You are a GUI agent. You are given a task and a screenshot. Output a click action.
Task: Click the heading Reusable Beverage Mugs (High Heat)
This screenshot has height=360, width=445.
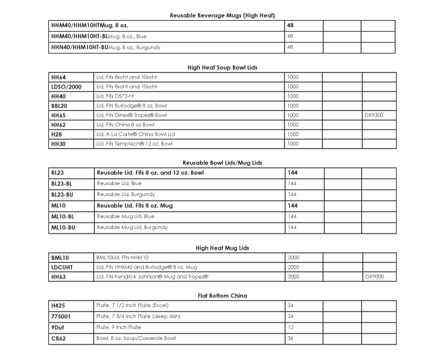[x=222, y=15]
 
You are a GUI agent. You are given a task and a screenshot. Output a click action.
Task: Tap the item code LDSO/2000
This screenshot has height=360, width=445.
[x=66, y=86]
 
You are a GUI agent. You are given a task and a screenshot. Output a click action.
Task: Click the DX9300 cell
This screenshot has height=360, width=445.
[x=374, y=115]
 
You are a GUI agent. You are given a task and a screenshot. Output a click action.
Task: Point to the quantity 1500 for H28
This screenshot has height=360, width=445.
[x=293, y=134]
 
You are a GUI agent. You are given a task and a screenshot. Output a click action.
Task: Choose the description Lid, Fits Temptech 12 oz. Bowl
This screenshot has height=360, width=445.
[x=134, y=144]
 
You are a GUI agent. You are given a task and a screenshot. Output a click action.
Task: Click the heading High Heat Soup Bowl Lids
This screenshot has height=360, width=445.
[x=222, y=67]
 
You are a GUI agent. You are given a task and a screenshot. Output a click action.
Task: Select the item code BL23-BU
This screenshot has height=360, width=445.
[x=63, y=194]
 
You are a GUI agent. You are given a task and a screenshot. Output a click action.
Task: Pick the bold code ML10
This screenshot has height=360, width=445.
[x=59, y=205]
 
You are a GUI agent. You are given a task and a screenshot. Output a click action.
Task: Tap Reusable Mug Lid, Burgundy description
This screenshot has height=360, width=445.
[x=132, y=227]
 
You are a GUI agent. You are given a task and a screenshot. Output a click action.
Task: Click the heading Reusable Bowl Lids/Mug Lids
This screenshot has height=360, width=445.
[x=222, y=163]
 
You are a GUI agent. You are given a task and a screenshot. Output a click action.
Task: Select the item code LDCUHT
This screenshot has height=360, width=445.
[x=63, y=267]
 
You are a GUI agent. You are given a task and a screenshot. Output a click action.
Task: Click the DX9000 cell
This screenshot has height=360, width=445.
[x=374, y=277]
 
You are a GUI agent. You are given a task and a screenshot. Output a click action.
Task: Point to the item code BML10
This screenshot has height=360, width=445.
[x=60, y=257]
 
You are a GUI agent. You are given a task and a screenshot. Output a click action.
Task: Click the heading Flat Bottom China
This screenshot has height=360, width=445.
[x=222, y=295]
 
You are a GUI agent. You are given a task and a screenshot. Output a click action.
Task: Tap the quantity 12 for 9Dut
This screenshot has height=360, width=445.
[x=290, y=327]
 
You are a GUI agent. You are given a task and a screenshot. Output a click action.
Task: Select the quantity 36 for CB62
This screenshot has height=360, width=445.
[x=290, y=338]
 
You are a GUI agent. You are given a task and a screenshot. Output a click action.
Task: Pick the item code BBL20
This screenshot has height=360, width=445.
[x=59, y=105]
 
